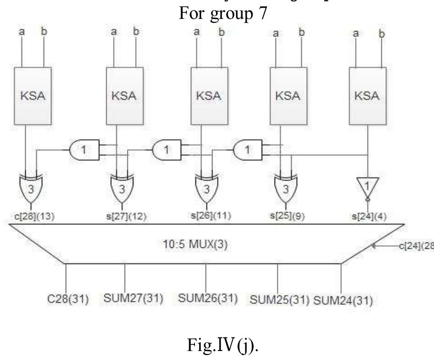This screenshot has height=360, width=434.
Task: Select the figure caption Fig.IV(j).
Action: point(217,345)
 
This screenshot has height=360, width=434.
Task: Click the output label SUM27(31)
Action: point(134,298)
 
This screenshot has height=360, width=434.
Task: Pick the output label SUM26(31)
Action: point(208,298)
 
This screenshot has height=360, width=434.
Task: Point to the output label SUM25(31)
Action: point(279,299)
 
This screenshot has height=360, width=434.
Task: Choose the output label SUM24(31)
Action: point(343,299)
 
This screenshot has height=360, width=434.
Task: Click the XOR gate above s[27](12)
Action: point(122,188)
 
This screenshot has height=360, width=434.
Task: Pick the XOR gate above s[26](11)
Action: point(207,188)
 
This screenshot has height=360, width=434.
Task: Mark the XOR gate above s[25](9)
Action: point(285,188)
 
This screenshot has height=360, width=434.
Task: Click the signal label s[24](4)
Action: point(369,216)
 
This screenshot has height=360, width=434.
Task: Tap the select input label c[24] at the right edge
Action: point(414,247)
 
